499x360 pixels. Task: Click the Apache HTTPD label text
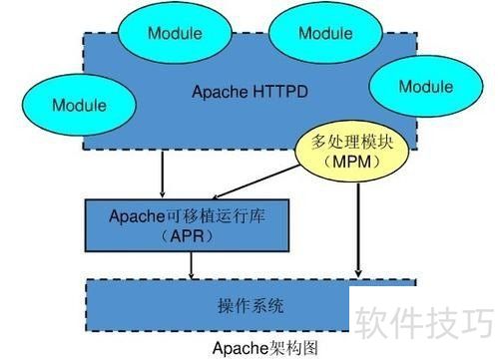(249, 92)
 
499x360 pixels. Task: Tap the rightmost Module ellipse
(425, 87)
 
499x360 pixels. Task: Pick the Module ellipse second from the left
(175, 33)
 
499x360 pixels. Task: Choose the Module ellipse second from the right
(325, 33)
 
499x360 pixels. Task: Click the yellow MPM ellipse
(347, 153)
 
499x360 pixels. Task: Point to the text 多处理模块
(347, 143)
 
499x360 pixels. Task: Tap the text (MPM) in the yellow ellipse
(347, 163)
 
